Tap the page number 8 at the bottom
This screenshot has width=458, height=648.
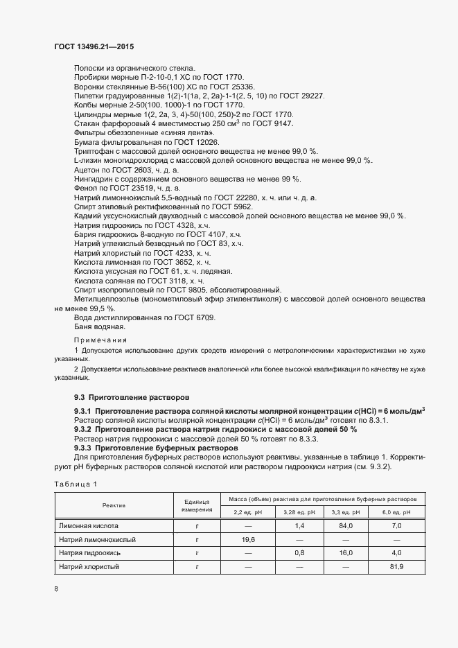tap(56, 589)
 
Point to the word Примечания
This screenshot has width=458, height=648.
tap(100, 340)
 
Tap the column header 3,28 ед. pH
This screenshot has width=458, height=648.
tap(299, 512)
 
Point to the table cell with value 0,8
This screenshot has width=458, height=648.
tap(299, 553)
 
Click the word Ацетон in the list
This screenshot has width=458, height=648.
tap(88, 169)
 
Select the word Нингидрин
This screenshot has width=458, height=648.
tap(94, 179)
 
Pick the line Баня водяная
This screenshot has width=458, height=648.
tap(99, 326)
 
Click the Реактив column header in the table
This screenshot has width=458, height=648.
tap(114, 506)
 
